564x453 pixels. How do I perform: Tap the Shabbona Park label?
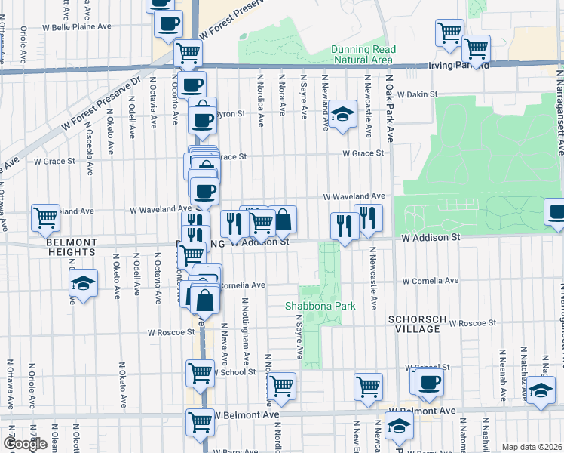point(313,306)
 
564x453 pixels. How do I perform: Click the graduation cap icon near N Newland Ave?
point(342,115)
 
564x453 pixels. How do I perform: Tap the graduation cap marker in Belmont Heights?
point(84,284)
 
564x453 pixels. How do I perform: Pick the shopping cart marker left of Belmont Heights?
point(45,217)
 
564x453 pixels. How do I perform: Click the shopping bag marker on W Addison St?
point(283,220)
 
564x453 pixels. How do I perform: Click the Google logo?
point(25,444)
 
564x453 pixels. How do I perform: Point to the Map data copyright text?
point(532,447)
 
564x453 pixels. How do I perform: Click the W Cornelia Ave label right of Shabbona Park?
point(430,281)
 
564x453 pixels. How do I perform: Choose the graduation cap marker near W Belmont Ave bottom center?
point(398,427)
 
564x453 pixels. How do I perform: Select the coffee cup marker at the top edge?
point(167,23)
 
